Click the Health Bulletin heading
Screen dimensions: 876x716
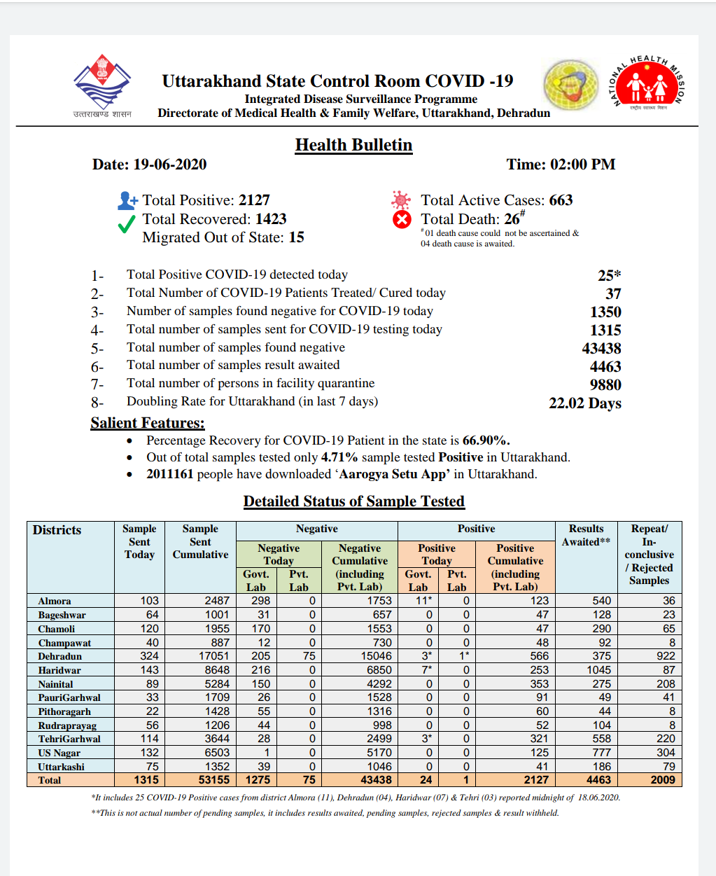[353, 145]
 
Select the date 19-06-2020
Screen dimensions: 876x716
[169, 165]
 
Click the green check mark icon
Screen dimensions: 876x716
[127, 224]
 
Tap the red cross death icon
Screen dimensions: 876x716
[402, 220]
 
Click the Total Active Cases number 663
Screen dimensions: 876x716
[561, 200]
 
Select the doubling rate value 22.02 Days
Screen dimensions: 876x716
[585, 403]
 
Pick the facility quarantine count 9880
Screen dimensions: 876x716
[605, 384]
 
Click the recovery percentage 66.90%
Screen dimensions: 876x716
[486, 440]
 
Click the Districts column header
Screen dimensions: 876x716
[57, 530]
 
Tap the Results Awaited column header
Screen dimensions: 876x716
[586, 535]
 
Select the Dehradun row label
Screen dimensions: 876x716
[60, 657]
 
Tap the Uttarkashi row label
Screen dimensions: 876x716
[62, 767]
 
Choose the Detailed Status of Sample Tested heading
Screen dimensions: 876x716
[353, 501]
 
